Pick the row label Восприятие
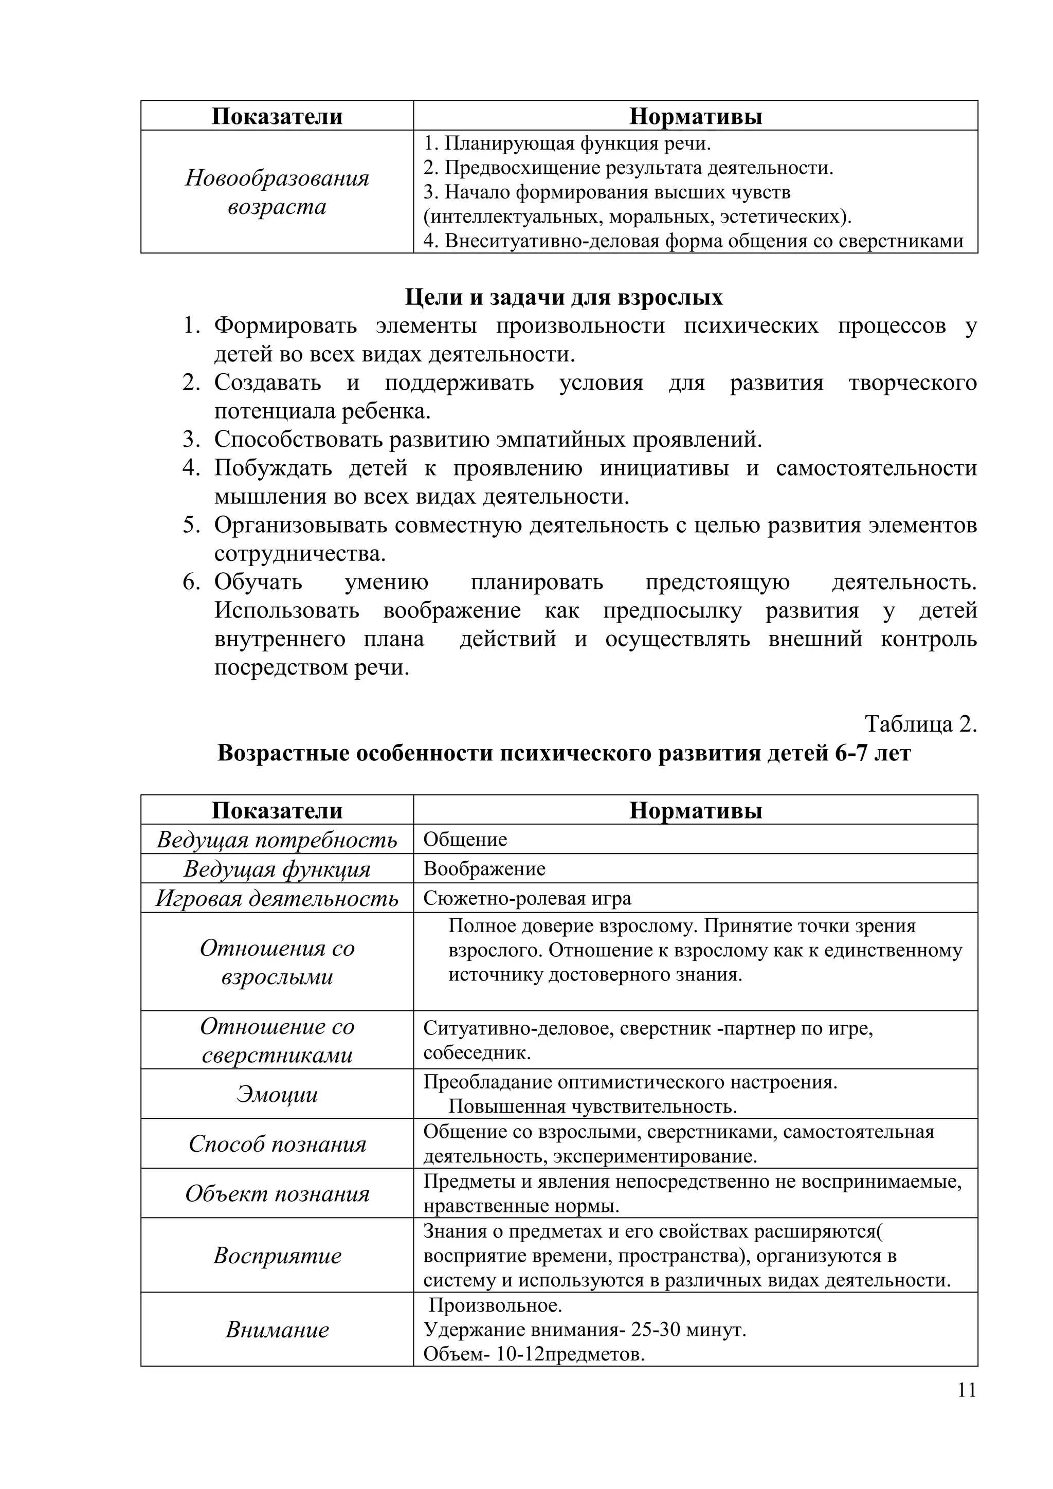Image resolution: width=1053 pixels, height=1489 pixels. point(277,1256)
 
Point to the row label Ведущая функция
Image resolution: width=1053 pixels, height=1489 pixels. point(277,869)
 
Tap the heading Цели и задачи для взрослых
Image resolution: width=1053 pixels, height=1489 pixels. point(564,297)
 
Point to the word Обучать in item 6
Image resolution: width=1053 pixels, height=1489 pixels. point(258,583)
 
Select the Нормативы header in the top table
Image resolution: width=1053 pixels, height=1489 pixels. point(695,116)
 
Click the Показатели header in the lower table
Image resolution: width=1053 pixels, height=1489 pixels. point(277,810)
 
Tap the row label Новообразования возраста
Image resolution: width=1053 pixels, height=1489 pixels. point(277,192)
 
